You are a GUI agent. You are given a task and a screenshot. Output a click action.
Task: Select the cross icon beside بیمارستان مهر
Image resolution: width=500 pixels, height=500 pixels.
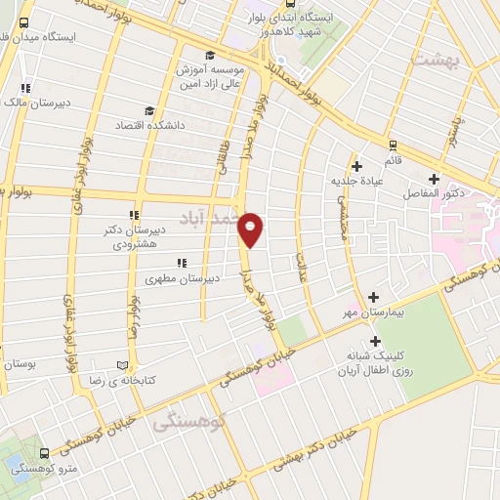[374, 297]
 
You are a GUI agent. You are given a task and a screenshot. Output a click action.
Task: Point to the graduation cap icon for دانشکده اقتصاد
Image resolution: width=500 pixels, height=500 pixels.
[148, 111]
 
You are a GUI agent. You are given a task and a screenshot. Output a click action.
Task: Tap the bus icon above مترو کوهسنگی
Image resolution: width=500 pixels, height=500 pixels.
[44, 454]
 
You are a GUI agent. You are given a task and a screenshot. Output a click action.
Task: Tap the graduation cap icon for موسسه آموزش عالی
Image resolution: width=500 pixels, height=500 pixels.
[211, 55]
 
